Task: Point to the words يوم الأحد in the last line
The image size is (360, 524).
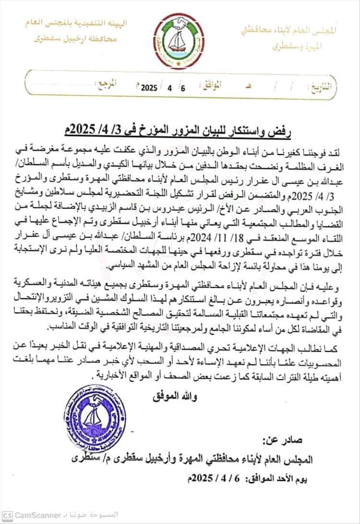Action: point(292,479)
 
